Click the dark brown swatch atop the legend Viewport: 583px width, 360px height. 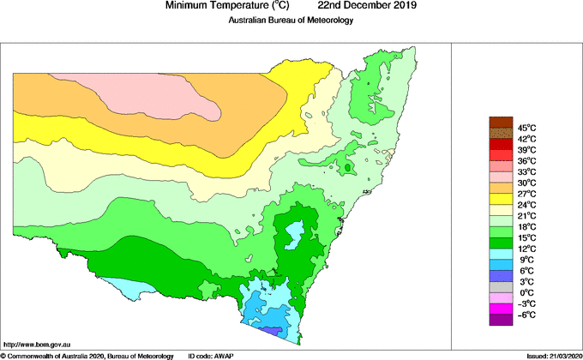(x=500, y=122)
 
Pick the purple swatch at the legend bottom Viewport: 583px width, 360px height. (x=500, y=321)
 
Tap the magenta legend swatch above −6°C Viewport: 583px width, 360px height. (x=500, y=309)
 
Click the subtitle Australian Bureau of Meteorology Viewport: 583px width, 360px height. (x=291, y=20)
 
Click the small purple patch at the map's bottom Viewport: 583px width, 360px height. (x=271, y=330)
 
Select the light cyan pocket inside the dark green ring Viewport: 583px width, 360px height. (x=295, y=231)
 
